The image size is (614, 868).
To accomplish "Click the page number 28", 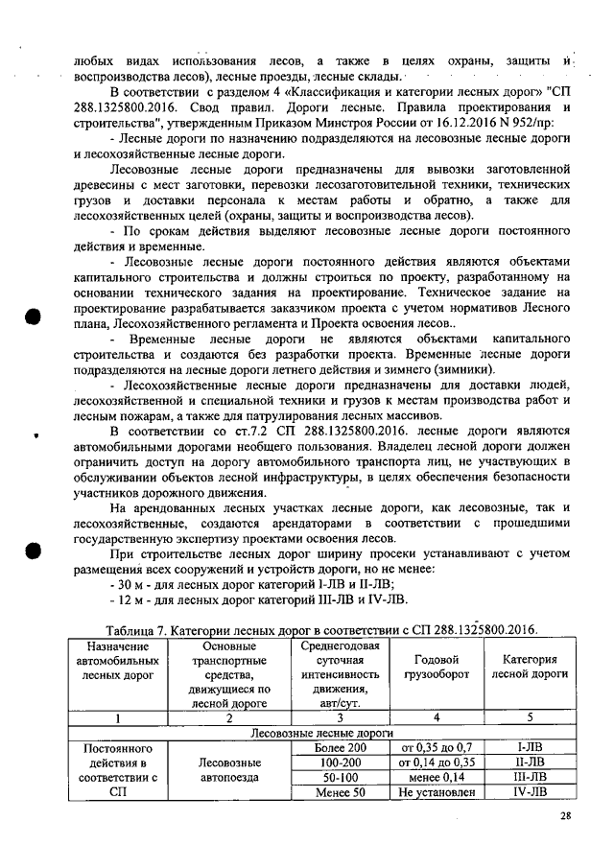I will coord(565,816).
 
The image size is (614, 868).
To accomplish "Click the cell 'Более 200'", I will coord(341,746).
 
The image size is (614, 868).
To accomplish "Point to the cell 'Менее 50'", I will coord(341,792).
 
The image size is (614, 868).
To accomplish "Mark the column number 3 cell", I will coord(341,716).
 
